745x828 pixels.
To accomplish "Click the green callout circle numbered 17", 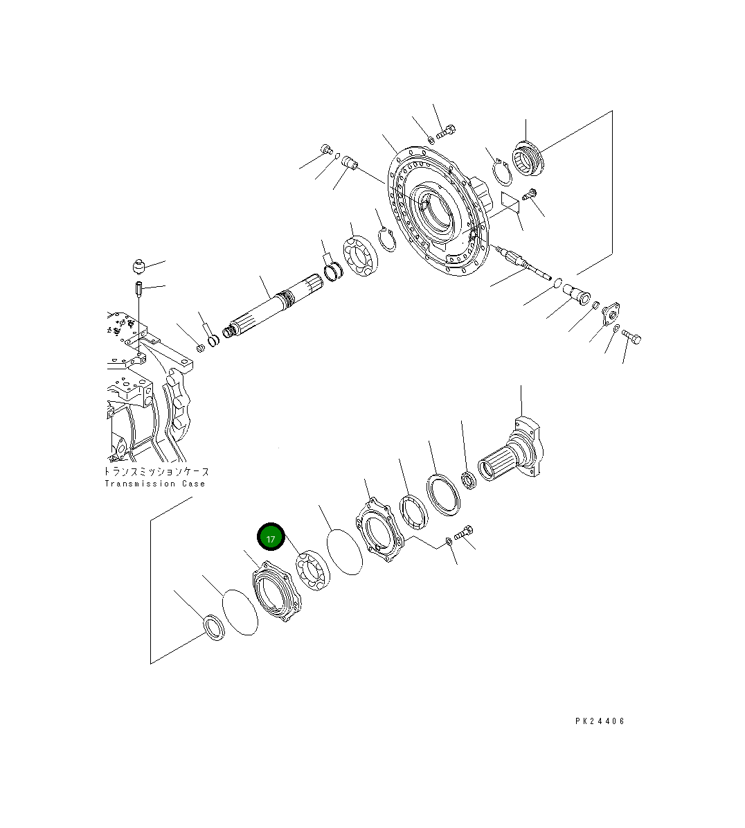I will [x=271, y=538].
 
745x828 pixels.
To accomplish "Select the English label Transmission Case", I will [x=155, y=484].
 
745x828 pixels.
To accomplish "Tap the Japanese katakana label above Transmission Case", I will [x=155, y=471].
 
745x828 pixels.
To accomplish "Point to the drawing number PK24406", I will [x=600, y=721].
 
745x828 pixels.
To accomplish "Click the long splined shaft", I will [x=273, y=305].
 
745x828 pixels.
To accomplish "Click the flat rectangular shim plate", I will [x=510, y=202].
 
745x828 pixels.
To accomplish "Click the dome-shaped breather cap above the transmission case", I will [x=139, y=266].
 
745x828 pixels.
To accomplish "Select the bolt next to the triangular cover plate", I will [x=631, y=337].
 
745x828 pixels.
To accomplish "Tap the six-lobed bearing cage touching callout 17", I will [x=276, y=594].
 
